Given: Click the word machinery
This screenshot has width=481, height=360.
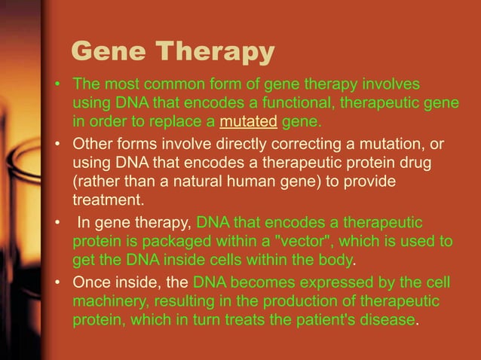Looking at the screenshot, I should [108, 301].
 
